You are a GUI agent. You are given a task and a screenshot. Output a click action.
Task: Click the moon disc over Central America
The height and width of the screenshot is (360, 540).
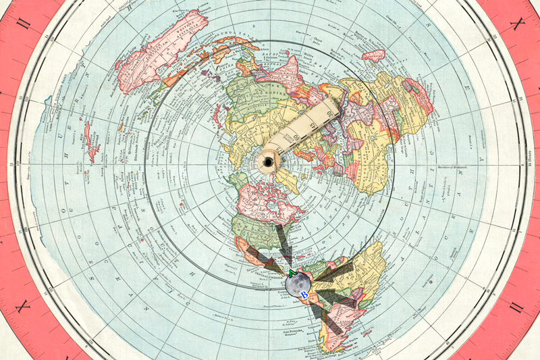click(297, 284)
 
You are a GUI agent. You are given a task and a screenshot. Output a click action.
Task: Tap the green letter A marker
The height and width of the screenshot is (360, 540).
click(292, 274)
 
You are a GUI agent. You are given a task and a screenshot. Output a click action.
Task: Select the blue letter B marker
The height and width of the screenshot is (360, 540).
click(304, 295)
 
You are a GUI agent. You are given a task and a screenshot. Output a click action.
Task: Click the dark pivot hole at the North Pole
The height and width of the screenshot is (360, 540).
click(270, 162)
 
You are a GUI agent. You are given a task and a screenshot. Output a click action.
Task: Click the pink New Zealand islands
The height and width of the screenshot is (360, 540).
click(90, 143)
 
